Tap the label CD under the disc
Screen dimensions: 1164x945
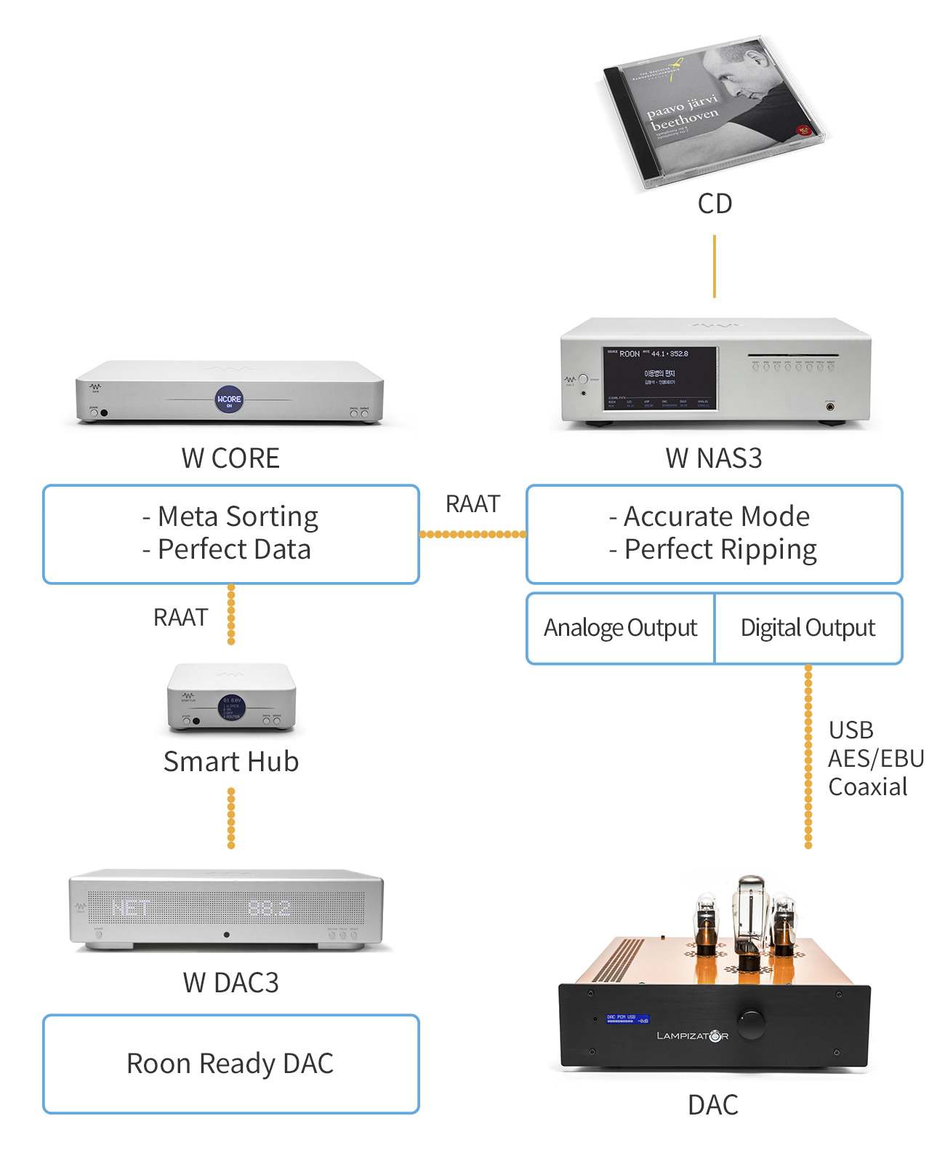715,204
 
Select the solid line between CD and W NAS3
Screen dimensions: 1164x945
715,266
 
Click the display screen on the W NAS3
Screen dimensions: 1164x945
659,378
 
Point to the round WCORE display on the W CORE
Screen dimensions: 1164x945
229,399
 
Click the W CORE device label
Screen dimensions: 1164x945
230,458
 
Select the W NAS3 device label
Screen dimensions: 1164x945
714,458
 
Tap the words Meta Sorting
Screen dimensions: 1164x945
238,517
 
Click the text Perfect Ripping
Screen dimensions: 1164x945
720,550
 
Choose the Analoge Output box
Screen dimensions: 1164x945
620,628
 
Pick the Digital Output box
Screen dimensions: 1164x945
808,628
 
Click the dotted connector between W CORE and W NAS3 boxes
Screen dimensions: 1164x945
472,534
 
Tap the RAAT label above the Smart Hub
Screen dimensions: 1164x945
180,618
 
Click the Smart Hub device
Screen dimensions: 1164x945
231,698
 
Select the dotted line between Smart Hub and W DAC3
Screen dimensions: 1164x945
231,818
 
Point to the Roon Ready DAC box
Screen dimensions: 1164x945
230,1064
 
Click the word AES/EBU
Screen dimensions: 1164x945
876,759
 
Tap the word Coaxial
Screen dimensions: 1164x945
868,787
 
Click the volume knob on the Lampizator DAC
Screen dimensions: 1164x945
751,1022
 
